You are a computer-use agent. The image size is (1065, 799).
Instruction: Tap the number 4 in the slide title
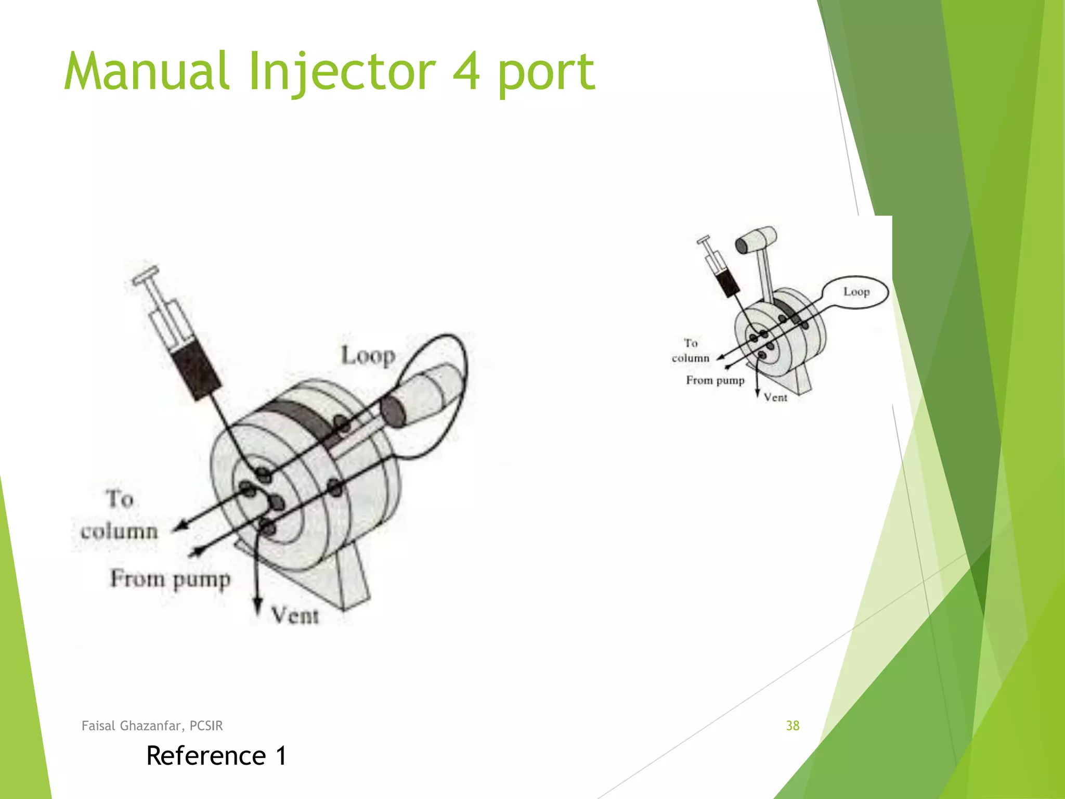466,72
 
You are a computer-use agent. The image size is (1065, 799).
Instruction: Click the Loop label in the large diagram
368,356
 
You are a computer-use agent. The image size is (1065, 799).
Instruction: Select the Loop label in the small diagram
856,292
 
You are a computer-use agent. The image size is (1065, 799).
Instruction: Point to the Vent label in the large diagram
294,616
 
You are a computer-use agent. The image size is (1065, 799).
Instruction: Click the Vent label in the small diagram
775,398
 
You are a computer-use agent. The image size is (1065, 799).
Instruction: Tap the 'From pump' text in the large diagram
170,579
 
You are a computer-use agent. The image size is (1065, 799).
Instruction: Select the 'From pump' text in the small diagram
715,380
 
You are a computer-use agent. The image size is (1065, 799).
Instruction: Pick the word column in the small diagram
690,358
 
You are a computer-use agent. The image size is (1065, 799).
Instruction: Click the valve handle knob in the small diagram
756,240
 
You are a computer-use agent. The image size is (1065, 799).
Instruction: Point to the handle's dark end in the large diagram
393,411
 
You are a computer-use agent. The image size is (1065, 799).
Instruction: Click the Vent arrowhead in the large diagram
257,607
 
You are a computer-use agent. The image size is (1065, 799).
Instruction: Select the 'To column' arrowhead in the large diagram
179,526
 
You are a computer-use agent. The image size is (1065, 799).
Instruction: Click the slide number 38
793,726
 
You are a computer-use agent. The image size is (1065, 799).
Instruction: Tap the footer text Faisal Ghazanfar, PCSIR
152,726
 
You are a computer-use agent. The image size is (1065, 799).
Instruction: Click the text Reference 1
216,756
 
